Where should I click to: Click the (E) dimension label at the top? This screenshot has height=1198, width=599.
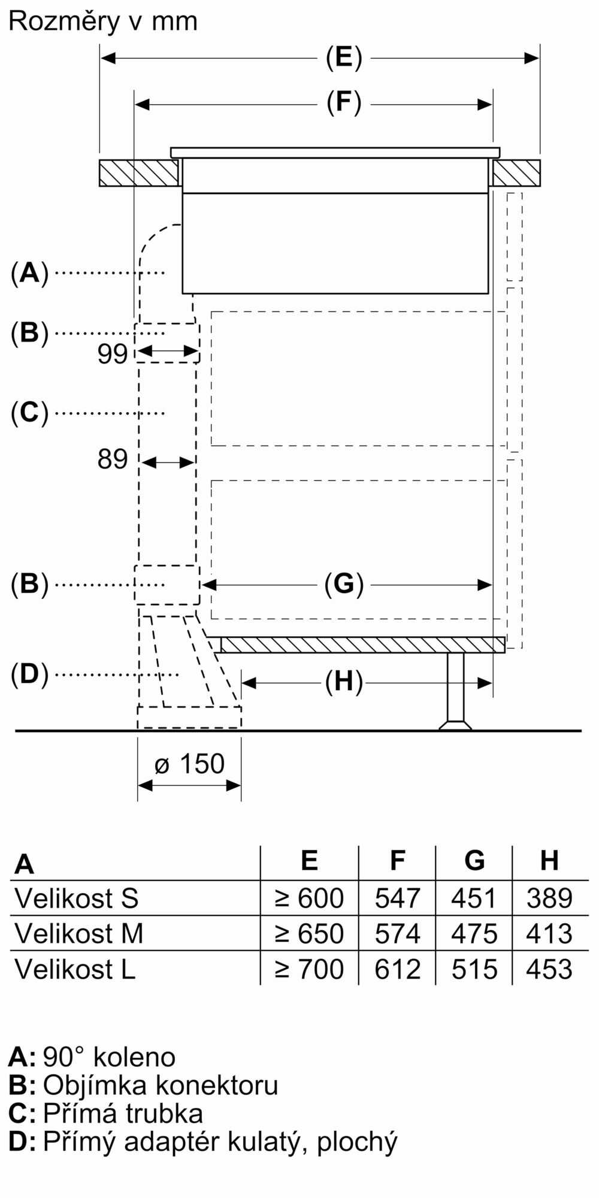coord(344,58)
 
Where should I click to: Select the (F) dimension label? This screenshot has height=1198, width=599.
coord(344,103)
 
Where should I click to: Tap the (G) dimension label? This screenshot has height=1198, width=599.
coord(344,584)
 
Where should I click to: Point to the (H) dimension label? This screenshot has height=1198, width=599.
coord(344,682)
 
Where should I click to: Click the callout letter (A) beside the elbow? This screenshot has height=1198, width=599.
coord(29,273)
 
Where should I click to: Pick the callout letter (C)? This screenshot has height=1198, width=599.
coord(29,413)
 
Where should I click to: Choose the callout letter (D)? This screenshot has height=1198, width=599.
coord(29,675)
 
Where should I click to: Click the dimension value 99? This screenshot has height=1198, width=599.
coord(113,354)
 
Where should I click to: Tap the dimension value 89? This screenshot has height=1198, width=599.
coord(113,459)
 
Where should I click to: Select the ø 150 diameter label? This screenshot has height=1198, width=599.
coord(189,764)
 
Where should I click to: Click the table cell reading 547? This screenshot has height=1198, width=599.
coord(397,898)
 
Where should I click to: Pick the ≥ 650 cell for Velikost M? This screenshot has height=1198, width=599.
coord(309,933)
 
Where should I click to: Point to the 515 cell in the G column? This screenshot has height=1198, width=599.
coord(474,969)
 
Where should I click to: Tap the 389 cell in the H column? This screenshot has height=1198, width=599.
coord(549,898)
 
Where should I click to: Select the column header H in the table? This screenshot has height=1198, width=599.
coord(549,860)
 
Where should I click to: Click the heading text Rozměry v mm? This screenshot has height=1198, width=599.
coord(103,22)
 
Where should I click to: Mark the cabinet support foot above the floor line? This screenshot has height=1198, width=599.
coord(455,691)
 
